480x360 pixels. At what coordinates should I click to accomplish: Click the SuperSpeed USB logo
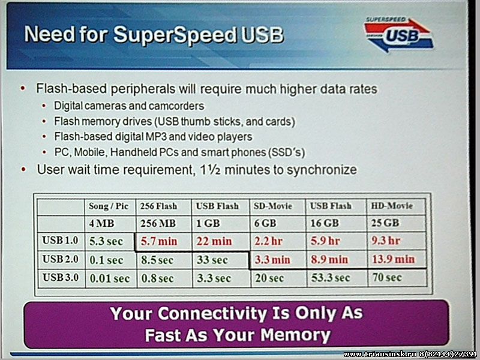click(398, 34)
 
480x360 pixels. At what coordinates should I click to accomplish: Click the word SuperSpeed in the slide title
click(175, 34)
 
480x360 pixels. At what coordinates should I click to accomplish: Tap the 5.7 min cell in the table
click(159, 241)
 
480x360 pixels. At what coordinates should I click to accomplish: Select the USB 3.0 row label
click(61, 277)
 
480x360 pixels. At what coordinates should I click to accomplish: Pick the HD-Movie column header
click(392, 206)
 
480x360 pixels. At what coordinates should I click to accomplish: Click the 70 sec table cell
click(387, 277)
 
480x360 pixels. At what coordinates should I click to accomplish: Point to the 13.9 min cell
click(393, 259)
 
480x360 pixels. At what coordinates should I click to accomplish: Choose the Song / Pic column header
click(109, 206)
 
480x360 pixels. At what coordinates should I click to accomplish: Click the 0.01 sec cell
click(110, 278)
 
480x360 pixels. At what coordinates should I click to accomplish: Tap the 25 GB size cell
click(385, 223)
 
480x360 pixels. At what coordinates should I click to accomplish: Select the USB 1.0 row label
click(60, 241)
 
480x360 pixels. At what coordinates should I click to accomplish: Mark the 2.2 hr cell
click(268, 241)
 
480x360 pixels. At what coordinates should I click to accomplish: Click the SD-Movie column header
click(273, 206)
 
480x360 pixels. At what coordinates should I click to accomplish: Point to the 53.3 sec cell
click(331, 278)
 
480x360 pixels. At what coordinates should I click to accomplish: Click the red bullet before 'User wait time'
click(23, 169)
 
